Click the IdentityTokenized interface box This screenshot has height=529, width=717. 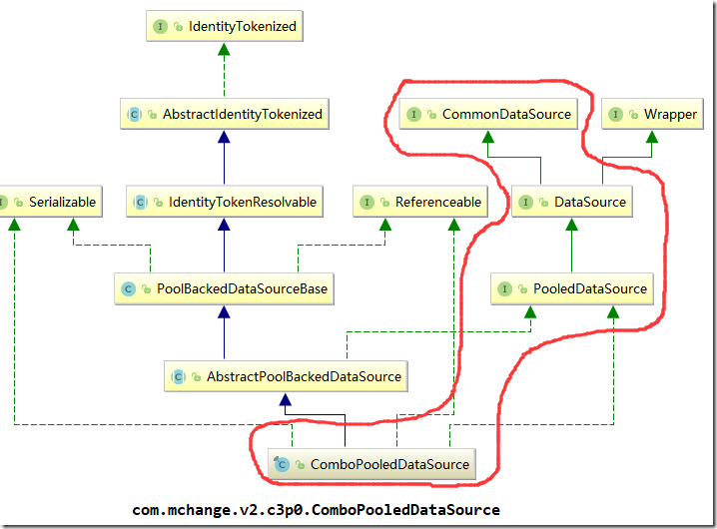coord(225,26)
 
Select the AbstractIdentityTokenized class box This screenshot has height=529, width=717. coord(225,114)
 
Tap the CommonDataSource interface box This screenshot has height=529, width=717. coord(488,114)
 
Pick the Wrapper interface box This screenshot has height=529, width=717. coord(652,114)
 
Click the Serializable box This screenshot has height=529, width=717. coord(51,202)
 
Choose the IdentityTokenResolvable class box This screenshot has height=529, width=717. coord(225,202)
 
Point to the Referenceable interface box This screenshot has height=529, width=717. coord(420,202)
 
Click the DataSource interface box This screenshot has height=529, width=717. coord(572,202)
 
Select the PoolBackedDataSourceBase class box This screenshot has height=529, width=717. coord(224,289)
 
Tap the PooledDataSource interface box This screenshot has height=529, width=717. coord(572,289)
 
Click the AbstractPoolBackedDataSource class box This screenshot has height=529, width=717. coord(286,376)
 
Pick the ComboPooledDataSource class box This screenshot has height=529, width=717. coord(371,464)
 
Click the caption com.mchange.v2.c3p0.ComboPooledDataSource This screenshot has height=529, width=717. coord(316,510)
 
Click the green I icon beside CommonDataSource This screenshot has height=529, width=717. coord(413,114)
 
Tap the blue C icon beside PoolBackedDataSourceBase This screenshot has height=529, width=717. coord(129,289)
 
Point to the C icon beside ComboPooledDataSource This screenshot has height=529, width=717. coord(282,464)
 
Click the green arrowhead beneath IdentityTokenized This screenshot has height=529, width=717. coord(224,49)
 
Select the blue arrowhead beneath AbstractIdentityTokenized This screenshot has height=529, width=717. coord(224,137)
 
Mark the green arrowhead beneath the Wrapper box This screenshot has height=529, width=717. coord(652,137)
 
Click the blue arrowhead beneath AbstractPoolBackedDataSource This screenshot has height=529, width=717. coord(286,399)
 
